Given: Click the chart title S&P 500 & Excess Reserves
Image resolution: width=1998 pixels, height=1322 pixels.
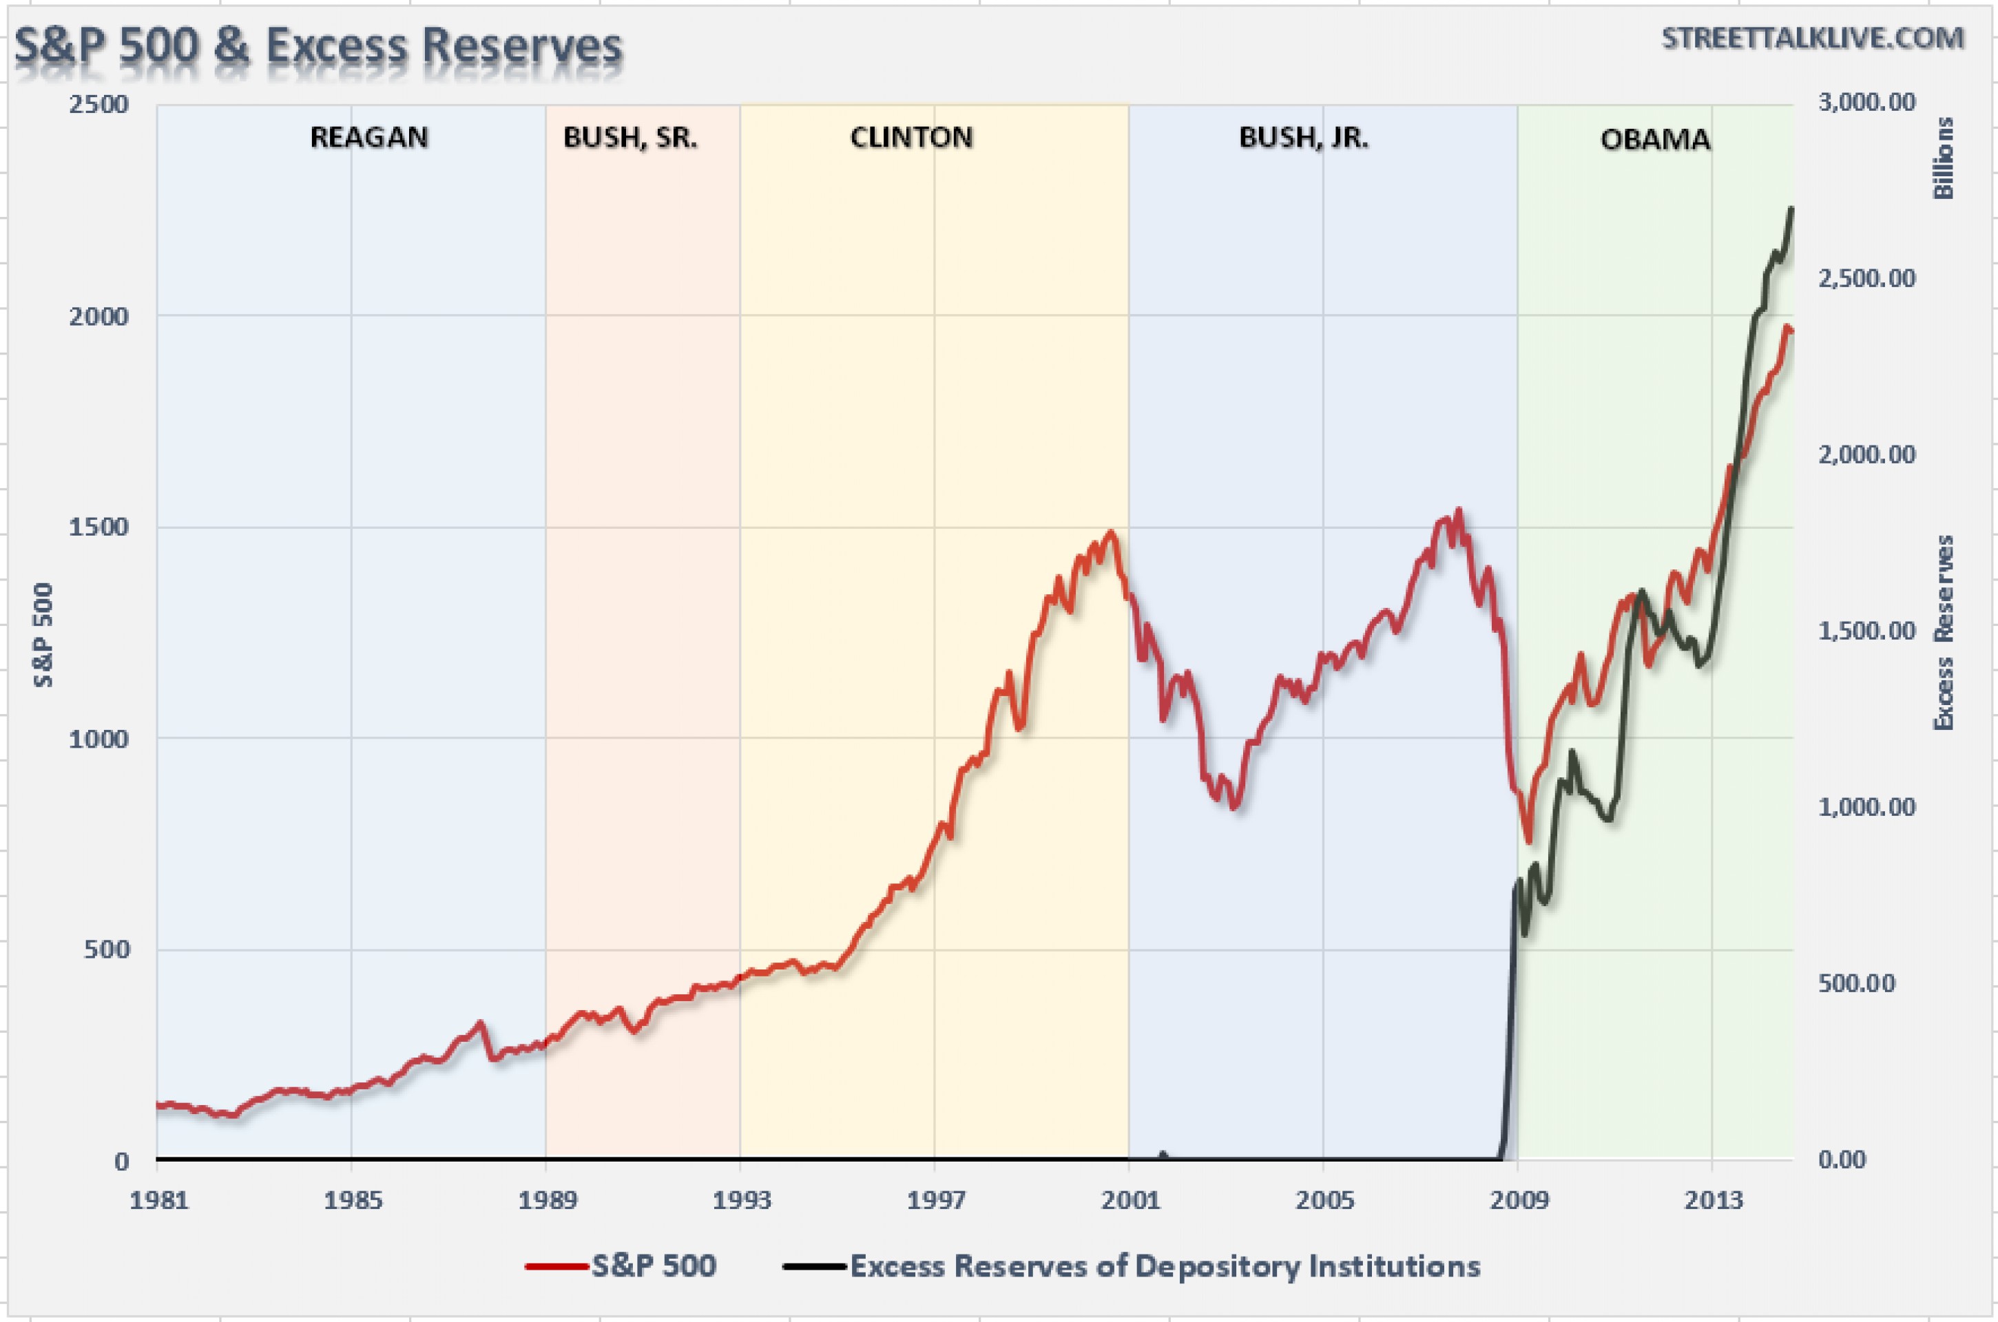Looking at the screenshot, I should (x=318, y=46).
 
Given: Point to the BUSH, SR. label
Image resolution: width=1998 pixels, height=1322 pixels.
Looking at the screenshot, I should (x=630, y=138).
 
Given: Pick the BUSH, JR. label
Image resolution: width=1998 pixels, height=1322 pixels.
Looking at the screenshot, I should (x=1303, y=138).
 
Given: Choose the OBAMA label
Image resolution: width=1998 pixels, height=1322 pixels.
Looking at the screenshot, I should (x=1655, y=139).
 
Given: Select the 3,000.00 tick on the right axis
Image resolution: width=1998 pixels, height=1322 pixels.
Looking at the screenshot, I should (x=1866, y=102).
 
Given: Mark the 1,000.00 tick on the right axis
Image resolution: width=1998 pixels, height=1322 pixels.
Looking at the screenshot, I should (x=1866, y=807).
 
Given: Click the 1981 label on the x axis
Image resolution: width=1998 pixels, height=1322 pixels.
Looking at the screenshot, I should (x=158, y=1199).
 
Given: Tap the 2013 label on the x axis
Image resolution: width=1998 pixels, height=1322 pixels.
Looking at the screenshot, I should (x=1713, y=1199).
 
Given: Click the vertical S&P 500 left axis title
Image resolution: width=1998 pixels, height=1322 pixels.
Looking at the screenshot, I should (x=43, y=634).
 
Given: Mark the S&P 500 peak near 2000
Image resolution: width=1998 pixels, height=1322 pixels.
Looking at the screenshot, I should (x=1111, y=533).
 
